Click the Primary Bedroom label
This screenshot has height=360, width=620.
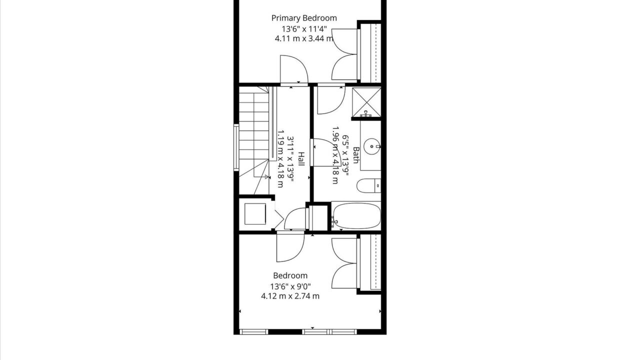[304, 18]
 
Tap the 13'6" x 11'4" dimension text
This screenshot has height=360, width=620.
[304, 29]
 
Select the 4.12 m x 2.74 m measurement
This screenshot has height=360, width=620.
[290, 296]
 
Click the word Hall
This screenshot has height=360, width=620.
[301, 159]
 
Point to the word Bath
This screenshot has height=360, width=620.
[356, 155]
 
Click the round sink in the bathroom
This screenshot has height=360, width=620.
[371, 146]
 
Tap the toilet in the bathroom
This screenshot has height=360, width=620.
[368, 185]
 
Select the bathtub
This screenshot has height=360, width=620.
[356, 216]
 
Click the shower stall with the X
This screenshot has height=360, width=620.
[366, 101]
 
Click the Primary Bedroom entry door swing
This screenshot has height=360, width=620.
[294, 69]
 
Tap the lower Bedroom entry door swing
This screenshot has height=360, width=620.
[290, 248]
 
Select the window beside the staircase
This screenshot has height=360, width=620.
[236, 147]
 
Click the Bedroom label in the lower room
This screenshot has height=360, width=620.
[290, 275]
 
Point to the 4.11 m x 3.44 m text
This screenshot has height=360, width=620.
[304, 38]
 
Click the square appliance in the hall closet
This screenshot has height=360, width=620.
[255, 214]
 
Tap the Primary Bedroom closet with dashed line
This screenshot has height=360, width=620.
[370, 53]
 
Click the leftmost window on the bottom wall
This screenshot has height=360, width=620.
[254, 332]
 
